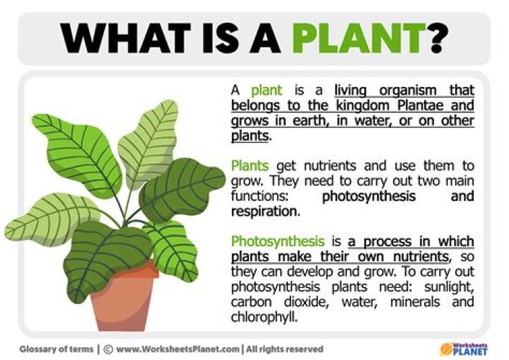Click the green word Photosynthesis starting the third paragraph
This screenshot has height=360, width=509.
[x=271, y=241]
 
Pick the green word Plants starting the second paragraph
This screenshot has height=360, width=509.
[x=250, y=166]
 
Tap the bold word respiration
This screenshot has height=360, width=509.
[x=264, y=211]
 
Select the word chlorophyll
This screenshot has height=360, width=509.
[x=263, y=316]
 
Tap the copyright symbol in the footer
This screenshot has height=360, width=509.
[x=107, y=349]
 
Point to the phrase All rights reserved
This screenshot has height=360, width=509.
[x=285, y=349]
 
